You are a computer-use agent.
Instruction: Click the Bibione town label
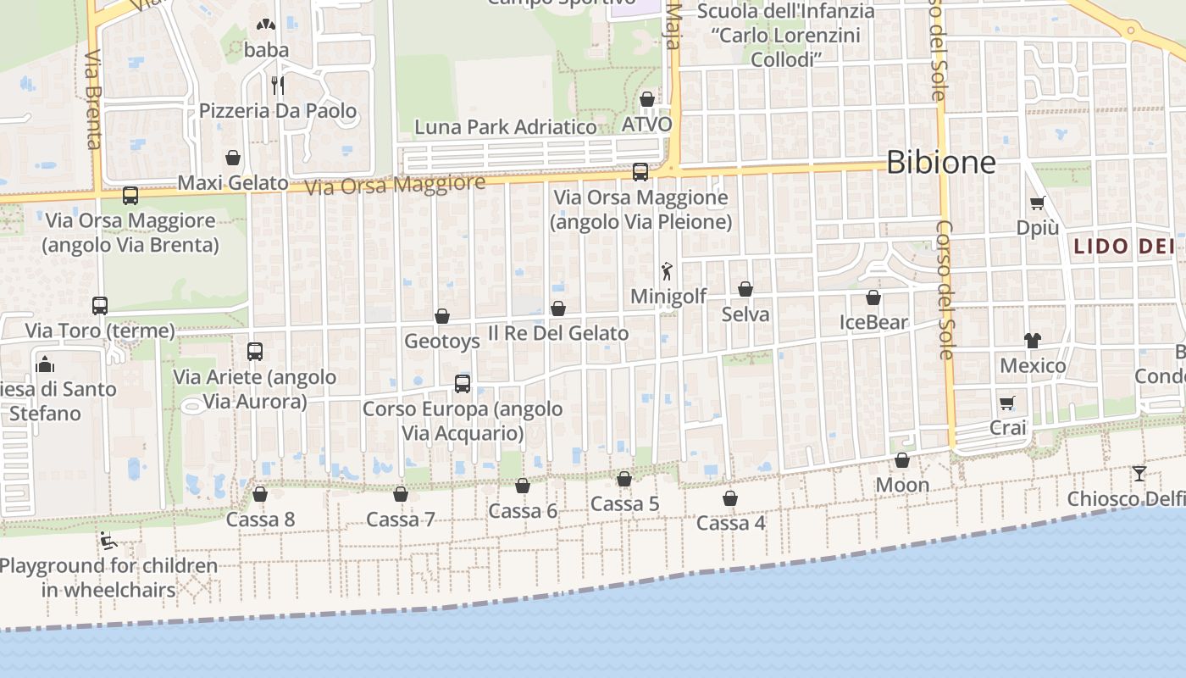coord(940,161)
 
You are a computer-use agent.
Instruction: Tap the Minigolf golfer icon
coord(668,271)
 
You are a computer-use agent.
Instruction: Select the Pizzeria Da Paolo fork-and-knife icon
coord(277,85)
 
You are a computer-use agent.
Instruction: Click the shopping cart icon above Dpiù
coord(1037,203)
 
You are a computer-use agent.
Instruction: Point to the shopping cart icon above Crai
coord(1006,403)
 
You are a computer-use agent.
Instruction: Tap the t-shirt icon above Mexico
coord(1032,341)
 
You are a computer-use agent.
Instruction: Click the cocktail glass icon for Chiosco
coord(1139,473)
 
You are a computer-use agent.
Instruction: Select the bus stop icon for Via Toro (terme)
coord(100,306)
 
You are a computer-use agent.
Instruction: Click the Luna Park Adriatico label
coord(505,127)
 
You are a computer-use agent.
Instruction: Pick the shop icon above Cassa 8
coord(260,494)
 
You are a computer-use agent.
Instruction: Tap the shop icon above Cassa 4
coord(730,498)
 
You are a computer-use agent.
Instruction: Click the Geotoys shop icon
coord(441,317)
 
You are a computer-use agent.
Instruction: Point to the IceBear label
coord(873,322)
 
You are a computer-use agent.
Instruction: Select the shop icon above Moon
coord(902,460)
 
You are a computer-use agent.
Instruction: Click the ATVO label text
coord(646,125)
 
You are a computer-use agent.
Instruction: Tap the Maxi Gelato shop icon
coord(233,158)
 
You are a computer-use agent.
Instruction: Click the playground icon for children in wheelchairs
coord(107,540)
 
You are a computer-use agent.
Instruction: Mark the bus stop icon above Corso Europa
coord(463,384)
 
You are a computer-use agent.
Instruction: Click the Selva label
coord(745,314)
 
